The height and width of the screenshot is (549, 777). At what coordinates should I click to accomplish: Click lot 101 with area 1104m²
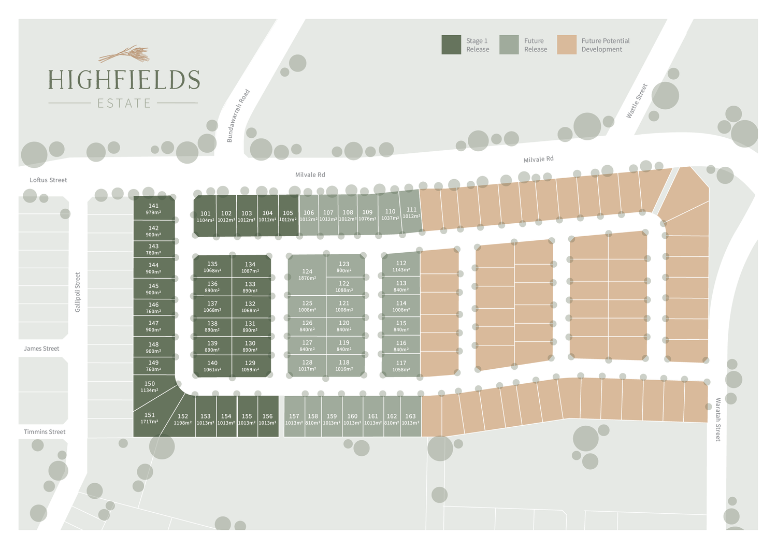point(206,216)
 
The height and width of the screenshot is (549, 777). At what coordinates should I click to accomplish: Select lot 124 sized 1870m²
point(307,274)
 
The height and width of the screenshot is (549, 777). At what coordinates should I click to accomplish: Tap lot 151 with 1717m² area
point(149,418)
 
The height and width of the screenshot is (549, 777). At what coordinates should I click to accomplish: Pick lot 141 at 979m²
point(153,209)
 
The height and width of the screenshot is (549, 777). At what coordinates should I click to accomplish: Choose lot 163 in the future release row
point(410,419)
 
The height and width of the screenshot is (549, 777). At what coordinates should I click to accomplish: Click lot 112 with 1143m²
point(401,266)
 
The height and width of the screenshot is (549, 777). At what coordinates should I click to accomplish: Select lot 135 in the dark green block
point(212,267)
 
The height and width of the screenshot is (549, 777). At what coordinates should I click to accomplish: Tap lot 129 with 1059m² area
point(250,366)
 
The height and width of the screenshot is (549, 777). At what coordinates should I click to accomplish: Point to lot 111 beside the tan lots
point(411,212)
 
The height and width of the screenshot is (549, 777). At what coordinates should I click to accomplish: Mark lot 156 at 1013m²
point(267,419)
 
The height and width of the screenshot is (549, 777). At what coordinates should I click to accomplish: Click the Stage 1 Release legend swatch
point(451,45)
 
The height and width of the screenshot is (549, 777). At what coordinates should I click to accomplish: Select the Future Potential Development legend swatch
point(567,45)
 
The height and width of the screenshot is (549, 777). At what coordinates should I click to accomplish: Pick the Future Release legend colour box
point(509,45)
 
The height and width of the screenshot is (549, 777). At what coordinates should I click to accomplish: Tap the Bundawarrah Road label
point(238,116)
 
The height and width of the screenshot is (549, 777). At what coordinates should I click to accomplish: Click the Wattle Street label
point(637,101)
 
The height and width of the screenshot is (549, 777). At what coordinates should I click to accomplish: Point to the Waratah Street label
point(718,420)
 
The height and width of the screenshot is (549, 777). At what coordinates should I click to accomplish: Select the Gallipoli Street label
point(78,292)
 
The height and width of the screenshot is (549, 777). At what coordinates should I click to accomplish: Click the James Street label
point(41,349)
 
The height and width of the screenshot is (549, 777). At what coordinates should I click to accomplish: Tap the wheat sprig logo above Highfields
point(124,54)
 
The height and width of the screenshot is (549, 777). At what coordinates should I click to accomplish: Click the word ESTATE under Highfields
point(124,104)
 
